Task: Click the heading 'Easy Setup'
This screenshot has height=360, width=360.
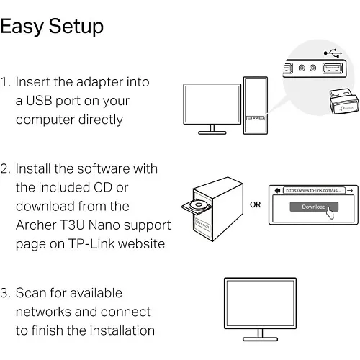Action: [52, 27]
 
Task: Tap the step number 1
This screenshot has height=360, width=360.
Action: [5, 82]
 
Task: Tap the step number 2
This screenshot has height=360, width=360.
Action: [6, 169]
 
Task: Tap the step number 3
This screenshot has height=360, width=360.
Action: [6, 293]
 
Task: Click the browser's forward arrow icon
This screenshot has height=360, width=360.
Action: [349, 190]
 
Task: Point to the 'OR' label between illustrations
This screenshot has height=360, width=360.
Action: [255, 204]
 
